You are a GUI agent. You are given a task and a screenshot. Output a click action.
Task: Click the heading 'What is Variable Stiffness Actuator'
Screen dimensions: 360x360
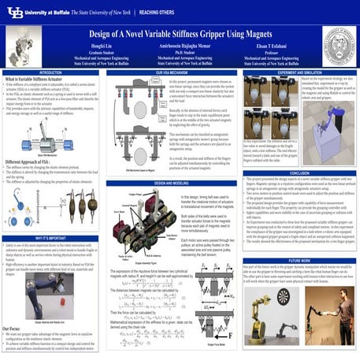point(39,80)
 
